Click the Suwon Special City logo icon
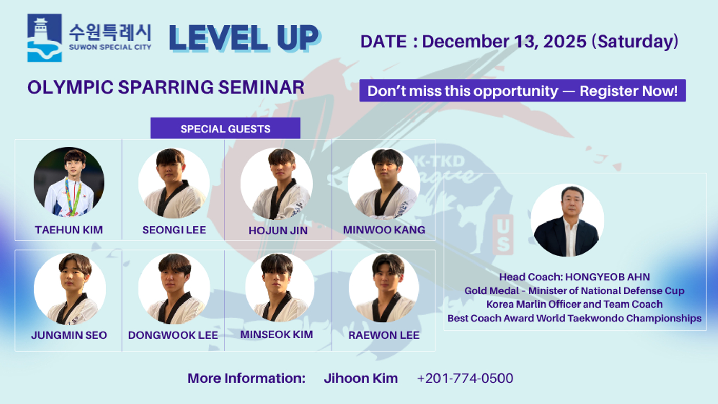click(44, 38)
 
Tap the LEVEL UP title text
click(244, 38)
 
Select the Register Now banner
click(522, 91)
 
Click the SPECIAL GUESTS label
click(225, 129)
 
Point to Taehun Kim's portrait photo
click(69, 182)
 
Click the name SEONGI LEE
click(174, 230)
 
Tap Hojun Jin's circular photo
click(276, 183)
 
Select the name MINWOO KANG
click(384, 230)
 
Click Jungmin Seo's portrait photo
click(70, 289)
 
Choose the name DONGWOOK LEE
click(173, 335)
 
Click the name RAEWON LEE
click(384, 335)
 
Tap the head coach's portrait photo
click(567, 220)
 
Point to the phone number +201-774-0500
click(465, 379)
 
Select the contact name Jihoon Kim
click(361, 379)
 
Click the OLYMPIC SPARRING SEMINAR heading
click(166, 87)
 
